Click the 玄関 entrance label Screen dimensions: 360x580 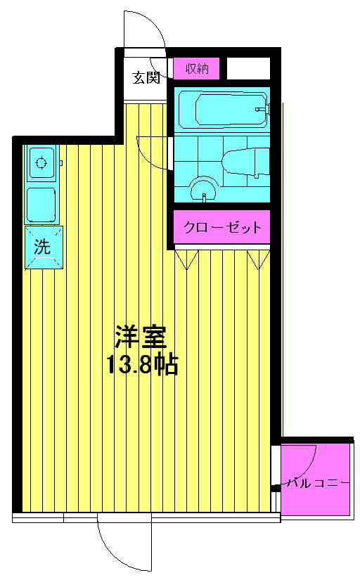(x=146, y=77)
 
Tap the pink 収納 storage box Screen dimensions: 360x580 (x=197, y=68)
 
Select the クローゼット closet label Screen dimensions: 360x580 (x=223, y=227)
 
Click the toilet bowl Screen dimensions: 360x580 (x=245, y=162)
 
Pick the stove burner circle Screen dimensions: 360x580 (x=41, y=162)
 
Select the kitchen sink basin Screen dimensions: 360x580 (x=41, y=205)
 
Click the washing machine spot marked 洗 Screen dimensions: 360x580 (x=44, y=247)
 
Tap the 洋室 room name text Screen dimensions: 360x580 (x=141, y=337)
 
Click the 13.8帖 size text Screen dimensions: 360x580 (x=143, y=365)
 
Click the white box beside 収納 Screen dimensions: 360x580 (x=248, y=68)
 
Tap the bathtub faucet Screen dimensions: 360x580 (x=263, y=109)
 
